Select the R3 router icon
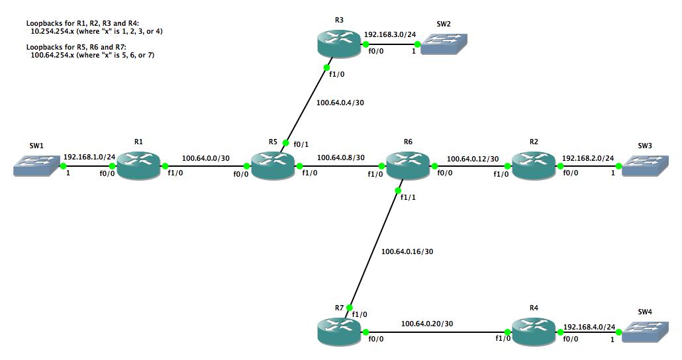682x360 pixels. tap(338, 45)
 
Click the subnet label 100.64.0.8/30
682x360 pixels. tap(341, 157)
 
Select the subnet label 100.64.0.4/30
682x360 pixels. tap(340, 103)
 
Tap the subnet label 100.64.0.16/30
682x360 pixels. tap(407, 251)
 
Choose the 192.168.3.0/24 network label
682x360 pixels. tap(391, 33)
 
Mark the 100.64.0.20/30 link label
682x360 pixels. tap(427, 323)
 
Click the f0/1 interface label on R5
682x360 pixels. tap(301, 144)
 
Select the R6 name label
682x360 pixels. tap(408, 142)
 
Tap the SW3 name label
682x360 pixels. tap(645, 145)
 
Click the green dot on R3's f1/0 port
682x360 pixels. tap(327, 67)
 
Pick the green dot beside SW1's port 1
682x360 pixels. tap(64, 165)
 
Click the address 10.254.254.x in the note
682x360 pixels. tap(54, 31)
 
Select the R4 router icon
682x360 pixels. tap(534, 330)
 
